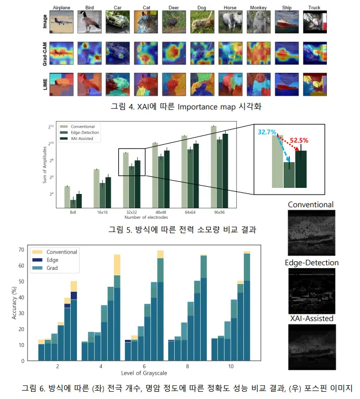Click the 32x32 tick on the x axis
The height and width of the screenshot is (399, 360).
point(132,212)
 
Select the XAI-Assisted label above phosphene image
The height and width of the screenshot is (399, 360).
point(311,319)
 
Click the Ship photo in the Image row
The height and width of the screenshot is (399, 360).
point(286,22)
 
